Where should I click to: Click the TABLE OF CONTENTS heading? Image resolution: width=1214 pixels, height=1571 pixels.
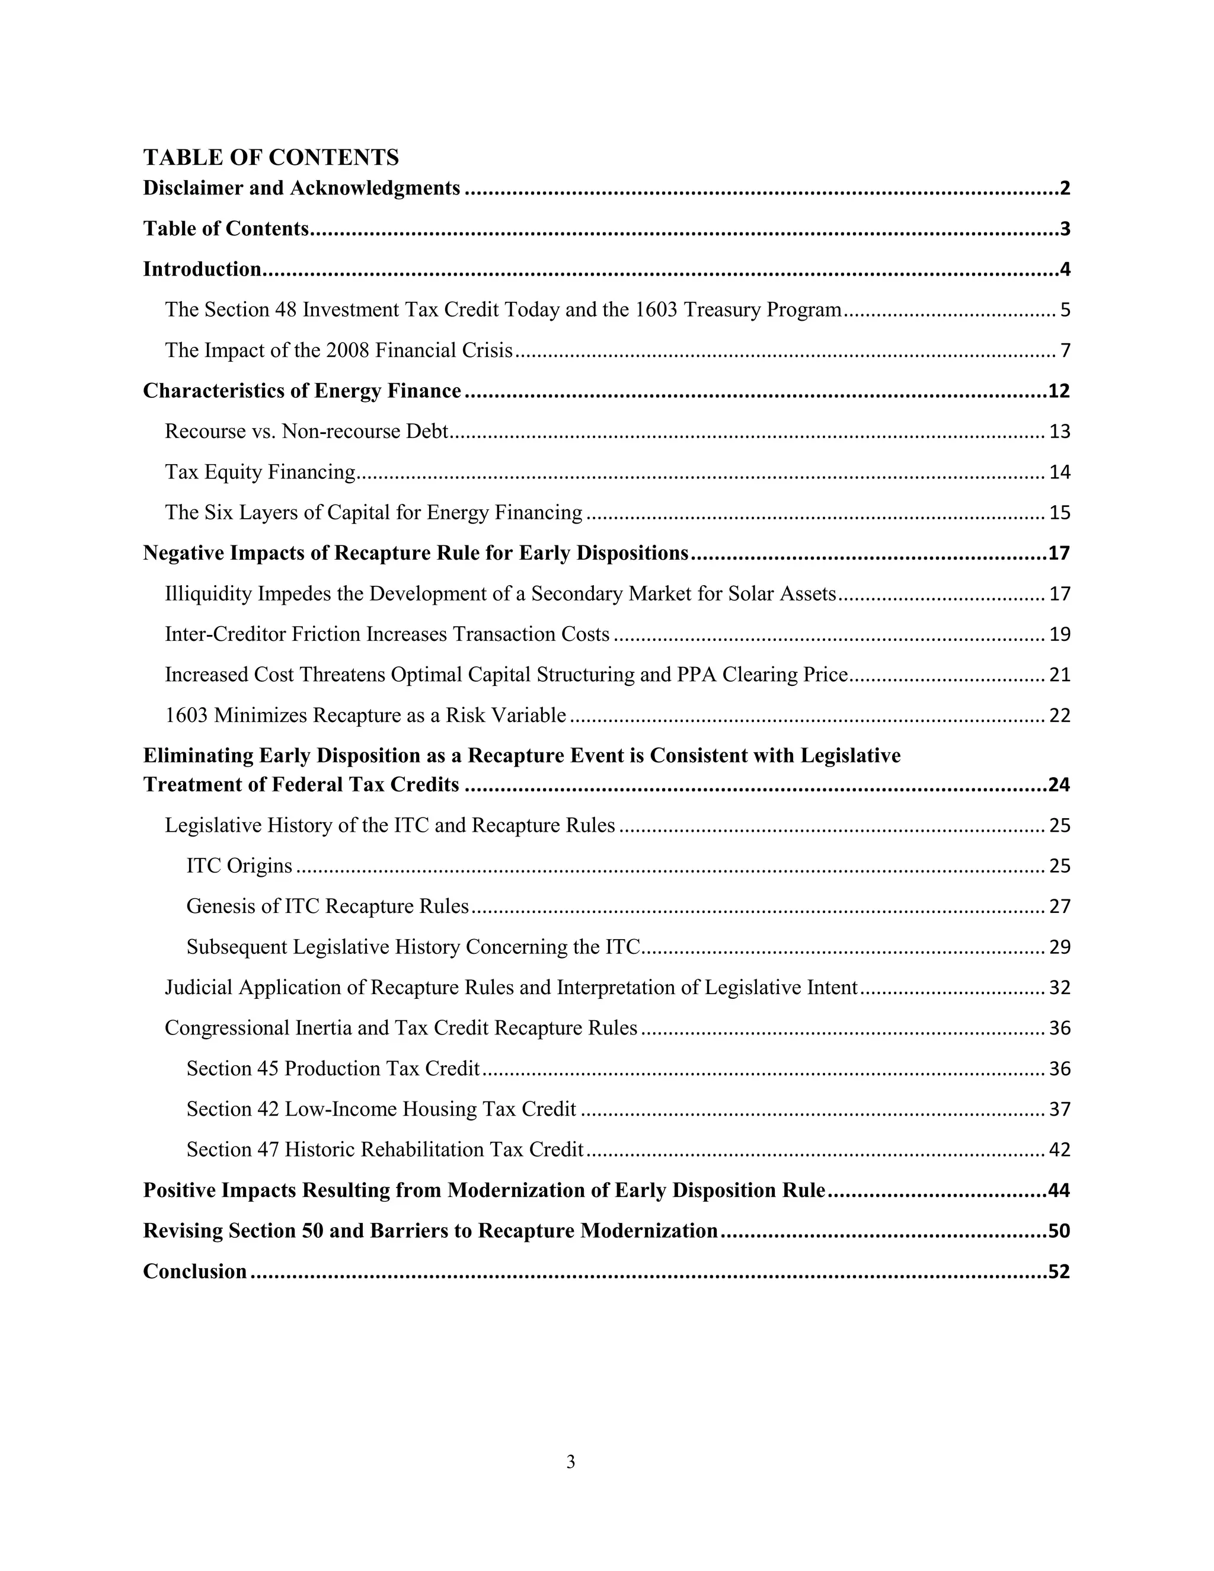tap(270, 157)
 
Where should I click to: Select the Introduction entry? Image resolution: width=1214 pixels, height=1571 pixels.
tap(202, 269)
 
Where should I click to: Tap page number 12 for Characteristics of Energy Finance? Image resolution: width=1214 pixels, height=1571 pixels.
tap(1059, 391)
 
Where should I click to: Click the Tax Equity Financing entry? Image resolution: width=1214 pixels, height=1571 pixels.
tap(260, 472)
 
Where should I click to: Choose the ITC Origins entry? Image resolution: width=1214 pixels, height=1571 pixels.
tap(239, 866)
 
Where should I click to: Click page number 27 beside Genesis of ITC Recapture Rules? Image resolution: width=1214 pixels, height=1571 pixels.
tap(1059, 906)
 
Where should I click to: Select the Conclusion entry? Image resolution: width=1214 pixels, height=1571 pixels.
tap(195, 1272)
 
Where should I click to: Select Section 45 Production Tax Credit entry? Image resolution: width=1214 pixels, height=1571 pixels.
tap(333, 1068)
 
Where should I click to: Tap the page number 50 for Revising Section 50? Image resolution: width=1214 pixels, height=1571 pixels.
tap(1059, 1231)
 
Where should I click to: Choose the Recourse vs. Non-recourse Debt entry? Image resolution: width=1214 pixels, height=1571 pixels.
tap(306, 432)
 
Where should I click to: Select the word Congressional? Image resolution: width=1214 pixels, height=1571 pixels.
tap(227, 1028)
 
